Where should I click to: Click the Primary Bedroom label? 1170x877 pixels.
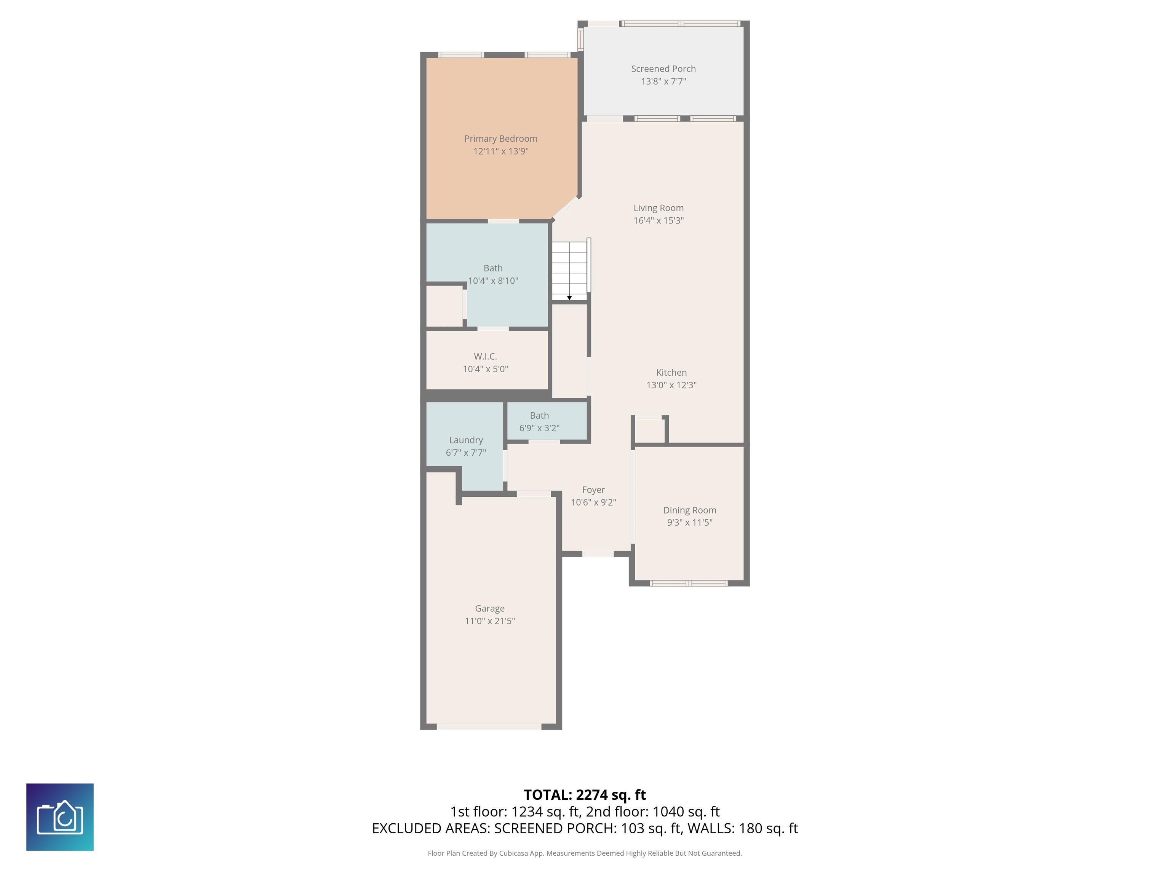coord(500,139)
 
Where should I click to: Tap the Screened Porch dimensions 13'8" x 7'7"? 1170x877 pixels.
coord(663,81)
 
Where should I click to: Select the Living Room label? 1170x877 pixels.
coord(658,208)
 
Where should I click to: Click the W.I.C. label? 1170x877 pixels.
coord(485,356)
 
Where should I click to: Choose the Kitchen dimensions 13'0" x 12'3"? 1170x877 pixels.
coord(671,385)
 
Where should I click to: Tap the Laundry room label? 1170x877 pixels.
coord(465,440)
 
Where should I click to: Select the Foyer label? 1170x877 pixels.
coord(593,490)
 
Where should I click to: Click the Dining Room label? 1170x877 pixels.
coord(689,510)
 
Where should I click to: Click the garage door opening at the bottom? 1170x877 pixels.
coord(489,727)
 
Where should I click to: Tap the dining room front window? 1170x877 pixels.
coord(688,583)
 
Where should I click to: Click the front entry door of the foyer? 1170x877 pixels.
coord(598,554)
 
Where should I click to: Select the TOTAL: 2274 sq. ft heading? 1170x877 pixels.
coord(585,794)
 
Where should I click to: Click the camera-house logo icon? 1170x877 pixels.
coord(60,817)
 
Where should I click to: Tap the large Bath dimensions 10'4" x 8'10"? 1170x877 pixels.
coord(492,281)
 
